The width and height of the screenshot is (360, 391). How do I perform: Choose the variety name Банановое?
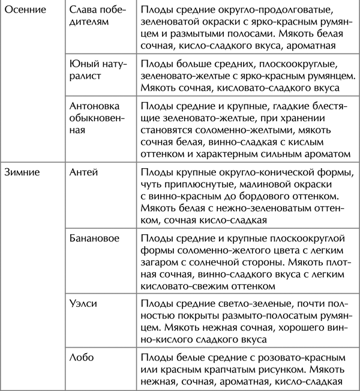[x=95, y=238]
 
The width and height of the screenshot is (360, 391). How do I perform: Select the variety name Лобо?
[x=82, y=358]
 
